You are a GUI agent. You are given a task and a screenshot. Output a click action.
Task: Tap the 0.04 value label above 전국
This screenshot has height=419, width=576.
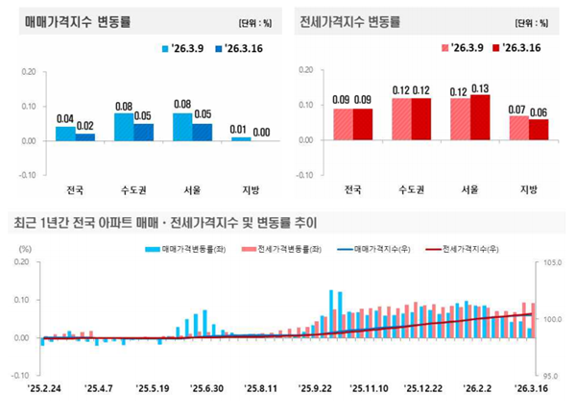pos(65,119)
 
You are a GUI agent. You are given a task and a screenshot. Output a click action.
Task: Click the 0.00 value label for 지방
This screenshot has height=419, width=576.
pos(260,133)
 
